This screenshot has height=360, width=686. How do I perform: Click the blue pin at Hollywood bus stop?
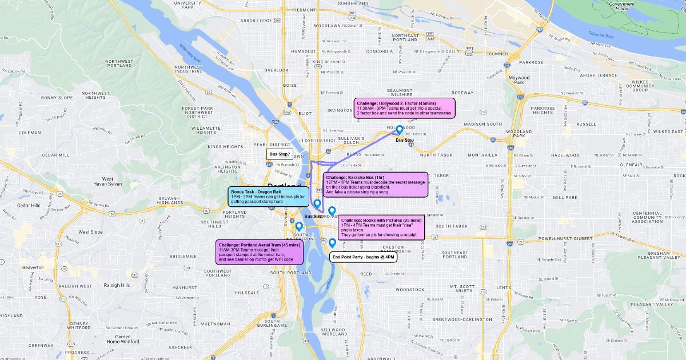[400, 130]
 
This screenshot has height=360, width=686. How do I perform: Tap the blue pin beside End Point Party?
[332, 243]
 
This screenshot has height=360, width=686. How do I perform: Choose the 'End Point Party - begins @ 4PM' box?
[364, 257]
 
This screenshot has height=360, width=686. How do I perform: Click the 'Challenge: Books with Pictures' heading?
[381, 220]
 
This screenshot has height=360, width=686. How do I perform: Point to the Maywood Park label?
[519, 80]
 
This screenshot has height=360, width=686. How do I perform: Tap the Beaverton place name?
[33, 267]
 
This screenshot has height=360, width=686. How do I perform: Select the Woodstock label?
[410, 290]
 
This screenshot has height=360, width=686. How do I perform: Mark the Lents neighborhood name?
[504, 287]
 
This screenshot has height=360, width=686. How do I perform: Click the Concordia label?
[380, 51]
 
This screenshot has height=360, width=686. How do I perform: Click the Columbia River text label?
[601, 37]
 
